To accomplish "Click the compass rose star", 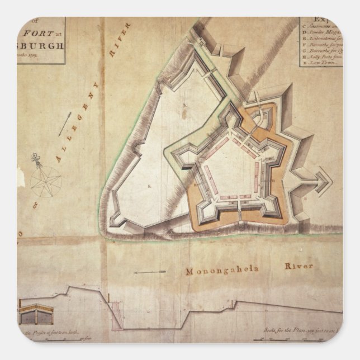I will click(x=45, y=182).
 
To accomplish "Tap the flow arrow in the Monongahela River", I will click(x=150, y=272).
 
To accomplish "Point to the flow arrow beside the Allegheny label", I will click(x=65, y=122).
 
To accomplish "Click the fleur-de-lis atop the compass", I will click(x=35, y=160).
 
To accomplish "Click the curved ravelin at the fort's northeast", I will click(x=260, y=117).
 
